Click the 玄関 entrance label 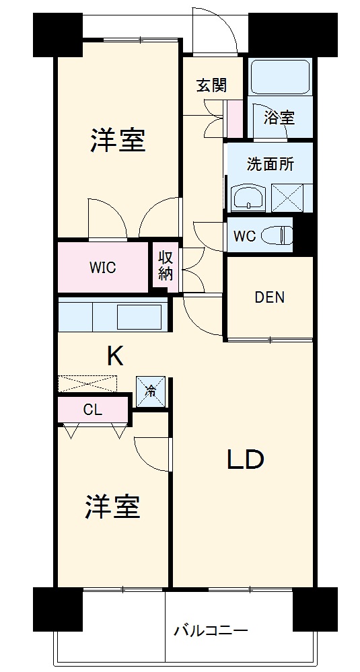click(x=211, y=85)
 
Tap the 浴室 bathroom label click(x=279, y=118)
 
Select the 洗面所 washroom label click(x=270, y=165)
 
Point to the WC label click(x=244, y=236)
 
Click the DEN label click(x=269, y=297)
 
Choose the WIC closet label click(x=103, y=267)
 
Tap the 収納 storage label click(x=166, y=266)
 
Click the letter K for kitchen click(x=115, y=356)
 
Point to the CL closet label click(x=93, y=410)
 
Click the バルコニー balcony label click(x=211, y=630)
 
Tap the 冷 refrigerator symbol click(x=151, y=391)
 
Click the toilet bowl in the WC click(x=277, y=235)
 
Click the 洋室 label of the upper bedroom click(x=118, y=141)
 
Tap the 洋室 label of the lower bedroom click(x=112, y=507)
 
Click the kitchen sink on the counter click(x=139, y=315)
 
